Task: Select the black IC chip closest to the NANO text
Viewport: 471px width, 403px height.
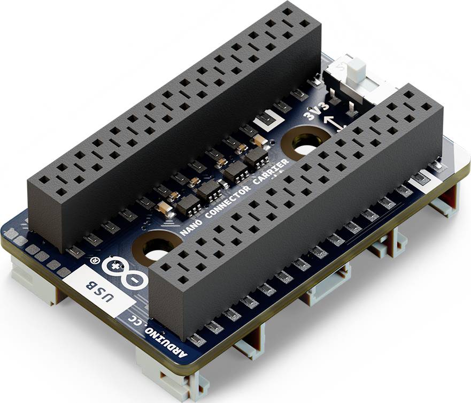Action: click(x=188, y=205)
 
